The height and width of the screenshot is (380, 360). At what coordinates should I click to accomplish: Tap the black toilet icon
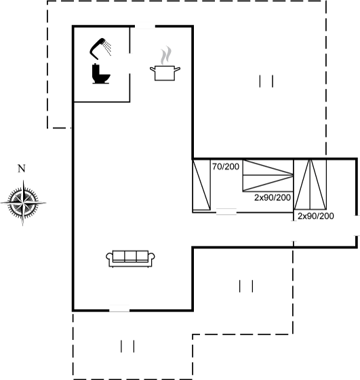[x=100, y=74]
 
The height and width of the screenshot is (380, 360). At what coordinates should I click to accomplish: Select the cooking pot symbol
[x=165, y=73]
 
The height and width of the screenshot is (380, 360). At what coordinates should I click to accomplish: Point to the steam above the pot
[x=165, y=56]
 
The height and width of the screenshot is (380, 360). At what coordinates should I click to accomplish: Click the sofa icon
[x=130, y=259]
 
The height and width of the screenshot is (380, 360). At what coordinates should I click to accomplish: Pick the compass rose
[x=23, y=203]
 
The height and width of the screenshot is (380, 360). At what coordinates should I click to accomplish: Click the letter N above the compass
[x=22, y=168]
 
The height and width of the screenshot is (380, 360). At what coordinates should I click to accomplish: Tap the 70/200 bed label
[x=226, y=166]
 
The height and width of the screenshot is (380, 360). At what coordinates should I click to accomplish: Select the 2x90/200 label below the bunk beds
[x=273, y=197]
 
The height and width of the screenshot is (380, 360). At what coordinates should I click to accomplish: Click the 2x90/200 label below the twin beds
[x=316, y=216]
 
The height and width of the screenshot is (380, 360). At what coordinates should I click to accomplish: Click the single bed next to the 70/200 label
[x=201, y=185]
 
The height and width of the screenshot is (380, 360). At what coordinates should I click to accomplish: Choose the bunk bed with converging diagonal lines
[x=268, y=175]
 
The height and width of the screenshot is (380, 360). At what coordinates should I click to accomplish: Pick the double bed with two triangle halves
[x=310, y=184]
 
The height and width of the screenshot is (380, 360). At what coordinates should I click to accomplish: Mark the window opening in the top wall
[x=145, y=26]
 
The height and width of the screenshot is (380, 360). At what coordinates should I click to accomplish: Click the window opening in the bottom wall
[x=119, y=309]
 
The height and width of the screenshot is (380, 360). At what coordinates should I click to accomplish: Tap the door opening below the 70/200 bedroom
[x=226, y=212]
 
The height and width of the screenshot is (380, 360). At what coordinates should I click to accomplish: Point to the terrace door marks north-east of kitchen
[x=266, y=81]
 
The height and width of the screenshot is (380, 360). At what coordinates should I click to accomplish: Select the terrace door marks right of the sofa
[x=246, y=286]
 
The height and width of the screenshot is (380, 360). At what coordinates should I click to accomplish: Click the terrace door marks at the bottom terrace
[x=127, y=346]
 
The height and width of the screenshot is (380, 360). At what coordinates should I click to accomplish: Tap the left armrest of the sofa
[x=109, y=258]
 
